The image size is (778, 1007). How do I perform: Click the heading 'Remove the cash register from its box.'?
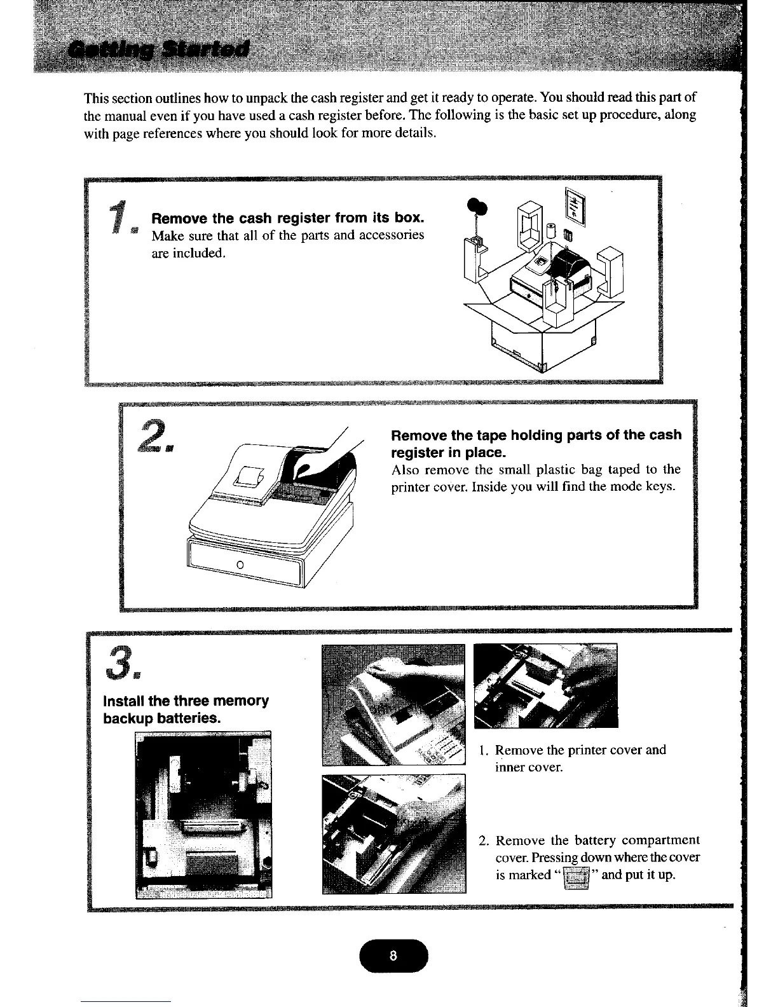[287, 218]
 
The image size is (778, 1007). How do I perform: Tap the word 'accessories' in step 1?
[393, 235]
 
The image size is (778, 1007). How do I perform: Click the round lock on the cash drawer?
[240, 565]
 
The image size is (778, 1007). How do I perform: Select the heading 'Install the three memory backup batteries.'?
[186, 709]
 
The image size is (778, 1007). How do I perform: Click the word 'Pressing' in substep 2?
[549, 858]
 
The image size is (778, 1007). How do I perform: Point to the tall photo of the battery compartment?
[203, 814]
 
